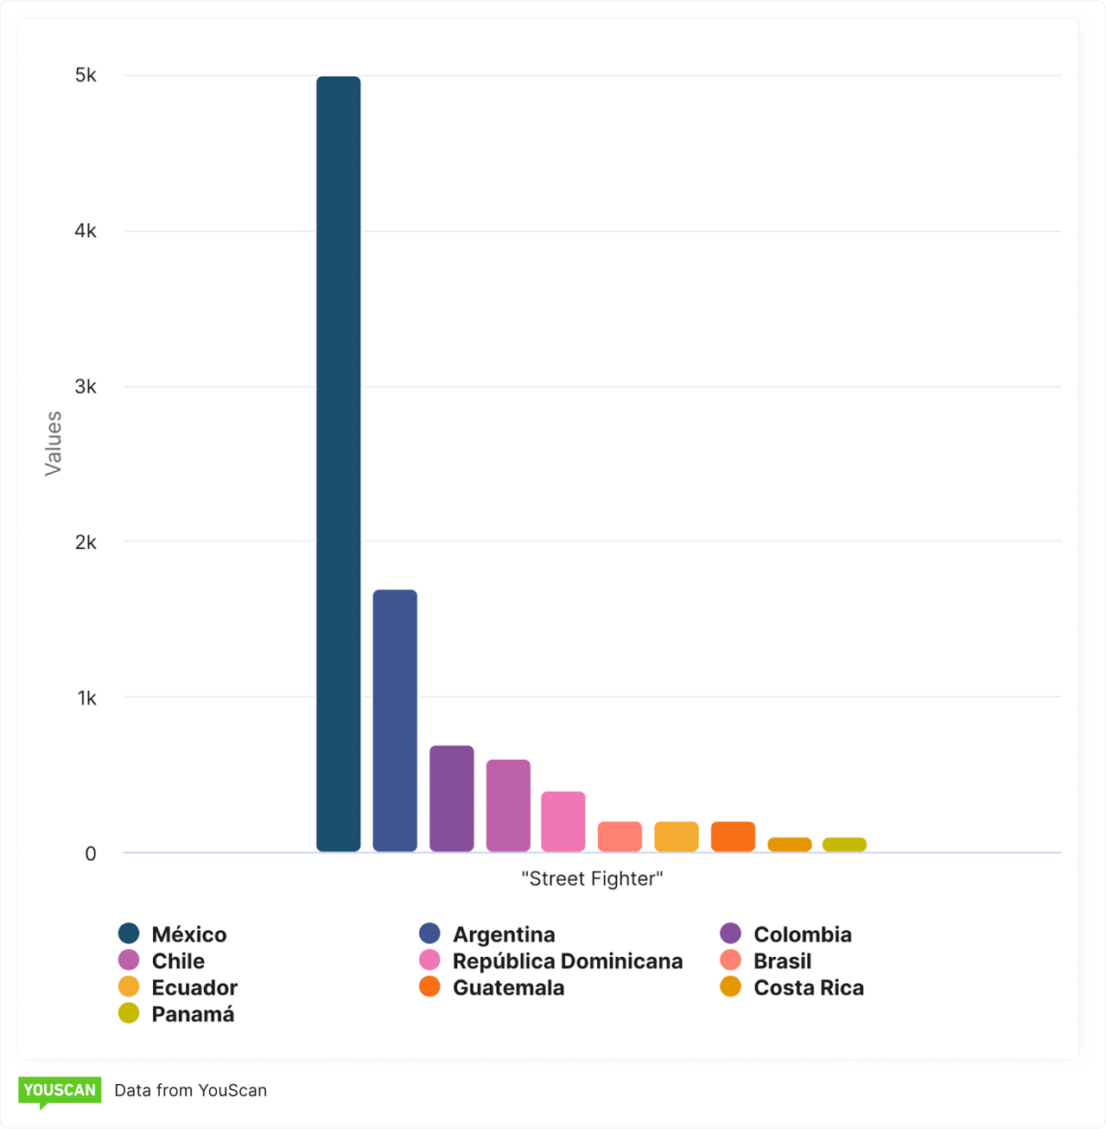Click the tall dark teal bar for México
[338, 463]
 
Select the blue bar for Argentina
[395, 720]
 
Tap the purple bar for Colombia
[451, 798]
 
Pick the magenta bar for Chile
[508, 805]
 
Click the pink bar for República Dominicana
[563, 821]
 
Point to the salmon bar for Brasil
[620, 836]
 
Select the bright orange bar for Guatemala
[733, 836]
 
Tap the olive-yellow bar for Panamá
[844, 844]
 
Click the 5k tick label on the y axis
[86, 75]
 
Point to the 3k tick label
[86, 386]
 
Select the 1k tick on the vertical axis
[86, 698]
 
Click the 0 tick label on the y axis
[91, 854]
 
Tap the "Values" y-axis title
[54, 443]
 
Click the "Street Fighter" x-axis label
[592, 878]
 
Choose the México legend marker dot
[129, 934]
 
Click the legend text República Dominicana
[567, 960]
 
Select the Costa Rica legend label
[808, 987]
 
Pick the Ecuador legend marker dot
[129, 986]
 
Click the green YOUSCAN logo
[60, 1090]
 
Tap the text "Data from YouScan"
[190, 1090]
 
